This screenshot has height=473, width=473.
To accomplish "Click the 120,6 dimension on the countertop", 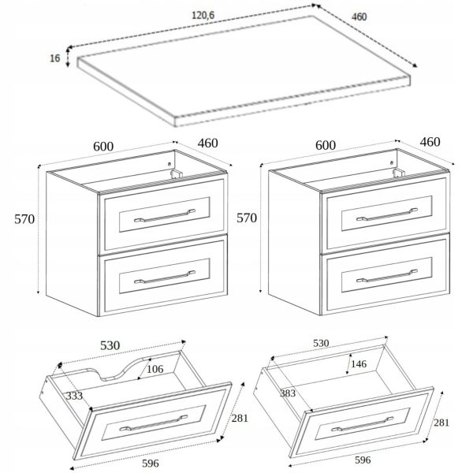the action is coord(203,15).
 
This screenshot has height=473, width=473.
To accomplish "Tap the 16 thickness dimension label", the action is coord(55,58).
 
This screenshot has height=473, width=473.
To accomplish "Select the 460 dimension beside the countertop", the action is coord(359,17).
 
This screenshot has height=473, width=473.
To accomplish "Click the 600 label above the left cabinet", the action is coord(103,147).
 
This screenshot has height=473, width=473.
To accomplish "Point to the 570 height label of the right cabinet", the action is coord(247,218).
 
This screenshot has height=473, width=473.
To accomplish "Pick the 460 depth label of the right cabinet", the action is coord(430,142).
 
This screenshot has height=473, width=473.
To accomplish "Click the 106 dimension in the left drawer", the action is coord(155,369).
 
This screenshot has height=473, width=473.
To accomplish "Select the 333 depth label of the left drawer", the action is coord(74,396).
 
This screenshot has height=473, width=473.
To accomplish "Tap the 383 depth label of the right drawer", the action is coord(288,393).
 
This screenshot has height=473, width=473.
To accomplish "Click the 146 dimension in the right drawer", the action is coord(359,363).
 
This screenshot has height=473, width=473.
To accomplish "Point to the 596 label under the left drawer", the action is coord(151,463).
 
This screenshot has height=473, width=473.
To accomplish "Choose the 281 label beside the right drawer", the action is coord(441,423).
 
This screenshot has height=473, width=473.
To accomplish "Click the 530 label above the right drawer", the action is coord(321,343).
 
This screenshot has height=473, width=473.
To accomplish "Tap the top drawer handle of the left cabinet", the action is coord(165,215).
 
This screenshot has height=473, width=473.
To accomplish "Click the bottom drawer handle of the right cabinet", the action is coord(387,276).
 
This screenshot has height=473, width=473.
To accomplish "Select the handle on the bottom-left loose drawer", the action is coord(154,423).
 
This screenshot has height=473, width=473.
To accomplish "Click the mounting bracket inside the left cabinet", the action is coord(177,173).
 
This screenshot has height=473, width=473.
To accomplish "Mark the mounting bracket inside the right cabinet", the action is coord(399,172).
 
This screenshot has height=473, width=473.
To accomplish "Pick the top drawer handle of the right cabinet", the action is coord(387,214).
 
